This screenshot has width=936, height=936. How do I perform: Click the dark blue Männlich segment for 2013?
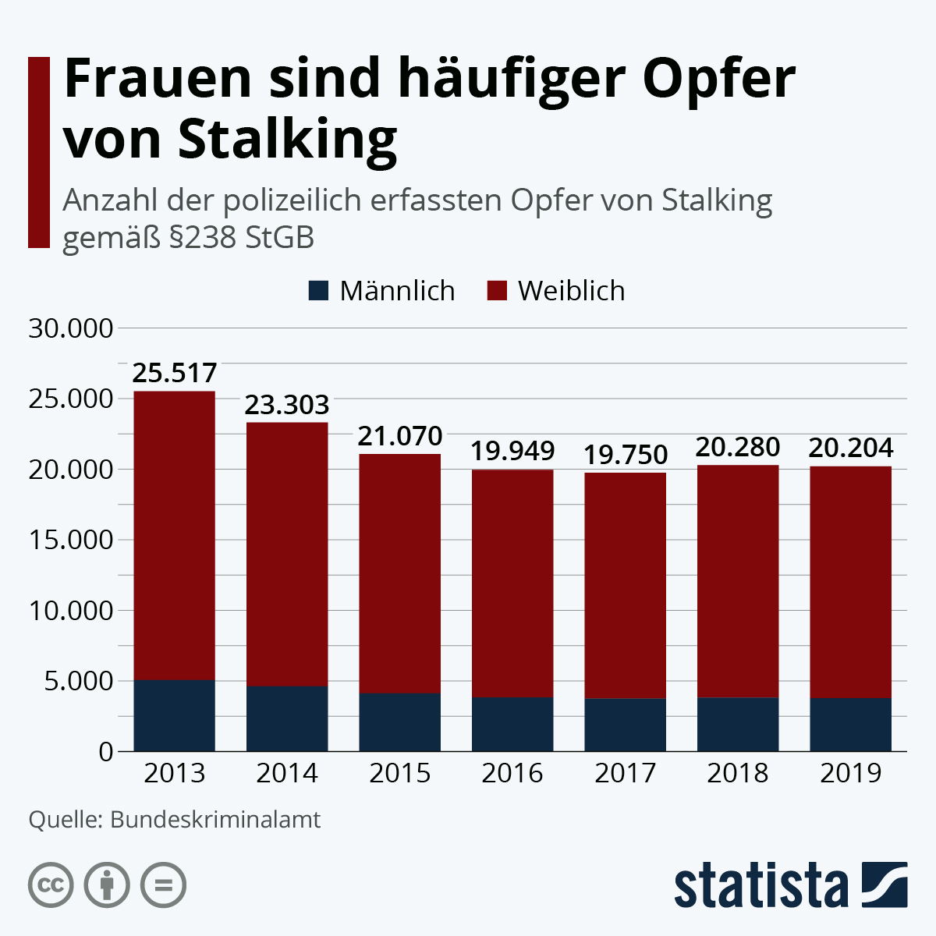[x=174, y=715]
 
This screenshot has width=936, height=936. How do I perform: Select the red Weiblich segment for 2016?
[x=512, y=583]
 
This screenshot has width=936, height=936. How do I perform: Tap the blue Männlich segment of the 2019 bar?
[x=850, y=725]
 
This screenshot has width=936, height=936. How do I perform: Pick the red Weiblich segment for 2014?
[x=287, y=554]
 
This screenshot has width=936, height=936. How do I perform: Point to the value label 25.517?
[x=174, y=374]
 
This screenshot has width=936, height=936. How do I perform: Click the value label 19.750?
[x=625, y=455]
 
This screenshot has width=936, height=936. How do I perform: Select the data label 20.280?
[x=737, y=448]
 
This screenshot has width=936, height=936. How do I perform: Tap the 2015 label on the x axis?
[x=399, y=773]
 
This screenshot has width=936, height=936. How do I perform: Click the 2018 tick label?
[x=737, y=773]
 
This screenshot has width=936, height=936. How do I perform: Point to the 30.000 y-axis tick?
[x=71, y=328]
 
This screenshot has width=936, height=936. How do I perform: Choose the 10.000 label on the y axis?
[x=71, y=611]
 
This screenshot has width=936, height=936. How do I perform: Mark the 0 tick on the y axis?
[x=106, y=752]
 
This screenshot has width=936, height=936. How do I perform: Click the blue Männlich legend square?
[x=318, y=291]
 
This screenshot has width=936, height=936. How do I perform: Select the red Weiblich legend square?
[x=497, y=291]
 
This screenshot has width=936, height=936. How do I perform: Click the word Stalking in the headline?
[x=287, y=140]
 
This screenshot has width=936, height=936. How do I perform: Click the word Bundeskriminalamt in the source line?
[x=215, y=821]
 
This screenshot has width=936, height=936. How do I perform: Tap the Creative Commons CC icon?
[x=51, y=885]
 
